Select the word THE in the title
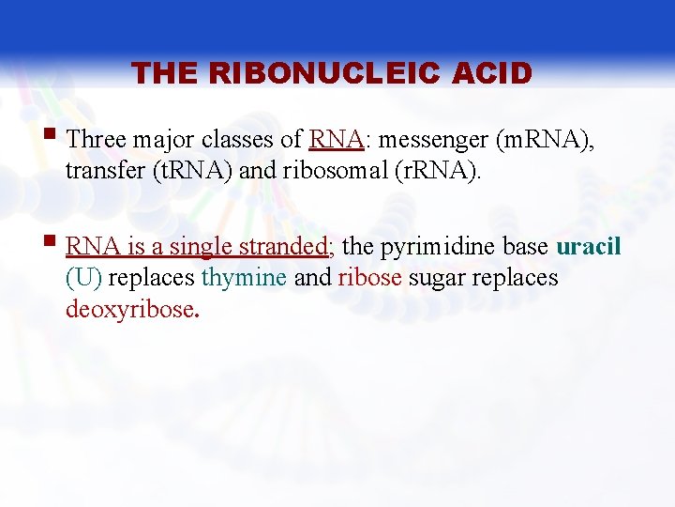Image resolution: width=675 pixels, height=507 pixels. (x=165, y=73)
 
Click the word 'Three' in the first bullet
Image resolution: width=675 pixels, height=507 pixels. (x=97, y=140)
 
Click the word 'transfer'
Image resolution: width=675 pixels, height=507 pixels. (x=102, y=172)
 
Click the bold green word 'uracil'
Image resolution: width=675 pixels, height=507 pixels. (x=589, y=247)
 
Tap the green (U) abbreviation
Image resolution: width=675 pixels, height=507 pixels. (x=84, y=279)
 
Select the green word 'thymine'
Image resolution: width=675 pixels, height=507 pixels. (x=244, y=279)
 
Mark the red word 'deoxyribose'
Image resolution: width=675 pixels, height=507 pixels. (x=128, y=310)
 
